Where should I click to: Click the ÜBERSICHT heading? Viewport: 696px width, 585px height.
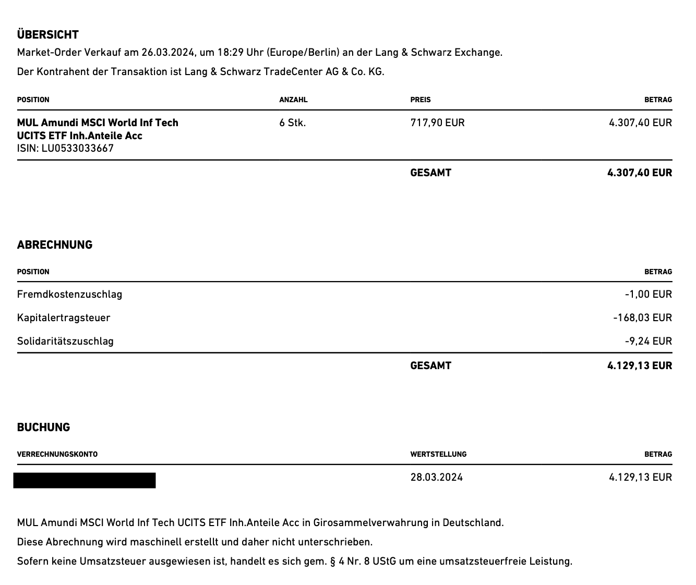[x=48, y=35]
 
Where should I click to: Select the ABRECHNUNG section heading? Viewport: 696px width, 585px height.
[x=55, y=245]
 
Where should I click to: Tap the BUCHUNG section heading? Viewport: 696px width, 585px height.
[x=43, y=428]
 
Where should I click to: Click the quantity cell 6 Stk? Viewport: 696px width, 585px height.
[x=293, y=123]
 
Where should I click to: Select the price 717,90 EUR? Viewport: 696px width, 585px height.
[x=437, y=123]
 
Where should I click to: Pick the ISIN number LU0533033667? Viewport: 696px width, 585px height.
[x=78, y=148]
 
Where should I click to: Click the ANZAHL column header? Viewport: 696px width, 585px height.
[x=293, y=100]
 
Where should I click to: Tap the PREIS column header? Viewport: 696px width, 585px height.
[x=421, y=100]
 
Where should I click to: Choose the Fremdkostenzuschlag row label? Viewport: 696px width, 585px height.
[x=69, y=295]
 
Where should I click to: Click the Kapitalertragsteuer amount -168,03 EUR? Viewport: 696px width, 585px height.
[x=642, y=318]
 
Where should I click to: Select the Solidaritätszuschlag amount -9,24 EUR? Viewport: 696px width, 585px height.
[x=648, y=342]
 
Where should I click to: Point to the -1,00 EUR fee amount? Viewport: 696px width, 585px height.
[x=648, y=295]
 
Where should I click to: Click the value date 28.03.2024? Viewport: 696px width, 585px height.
[x=437, y=478]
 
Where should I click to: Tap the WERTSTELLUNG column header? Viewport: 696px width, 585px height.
[x=438, y=454]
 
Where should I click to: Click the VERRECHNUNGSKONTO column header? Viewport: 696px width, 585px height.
[x=57, y=454]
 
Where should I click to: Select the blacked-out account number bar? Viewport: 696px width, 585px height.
[x=85, y=480]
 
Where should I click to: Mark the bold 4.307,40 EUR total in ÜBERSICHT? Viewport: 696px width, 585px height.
[x=640, y=173]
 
